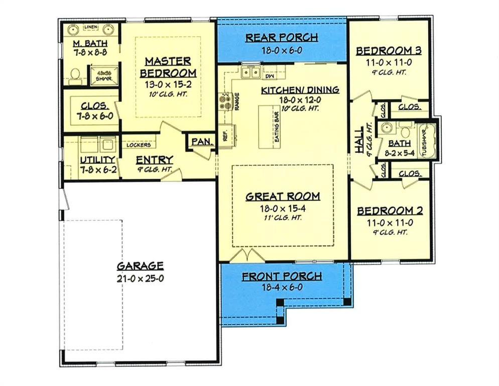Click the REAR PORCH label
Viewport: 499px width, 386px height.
pos(281,38)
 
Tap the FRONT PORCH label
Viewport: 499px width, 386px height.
pos(282,276)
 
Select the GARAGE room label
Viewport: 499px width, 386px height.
pos(140,266)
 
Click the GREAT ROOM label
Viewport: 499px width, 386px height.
pos(283,197)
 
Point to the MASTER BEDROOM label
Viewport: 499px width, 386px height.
pos(168,67)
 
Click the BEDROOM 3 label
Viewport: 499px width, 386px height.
pos(388,51)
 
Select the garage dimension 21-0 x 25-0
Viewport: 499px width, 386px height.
pos(140,279)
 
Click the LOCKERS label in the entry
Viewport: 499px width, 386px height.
pos(138,145)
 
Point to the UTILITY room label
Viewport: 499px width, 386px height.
pos(98,160)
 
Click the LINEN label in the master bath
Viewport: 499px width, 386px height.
pos(90,27)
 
